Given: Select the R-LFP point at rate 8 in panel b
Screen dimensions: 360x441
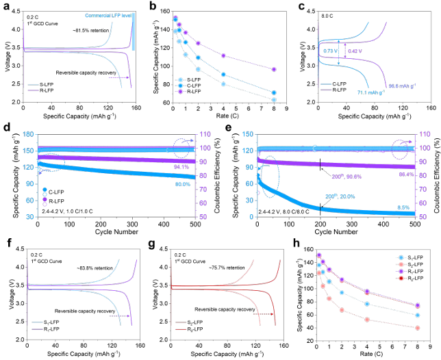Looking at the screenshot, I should tap(274, 70).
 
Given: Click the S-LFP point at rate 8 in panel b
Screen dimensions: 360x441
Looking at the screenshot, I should tap(274, 100).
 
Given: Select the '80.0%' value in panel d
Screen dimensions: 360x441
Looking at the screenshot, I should tap(182, 184).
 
